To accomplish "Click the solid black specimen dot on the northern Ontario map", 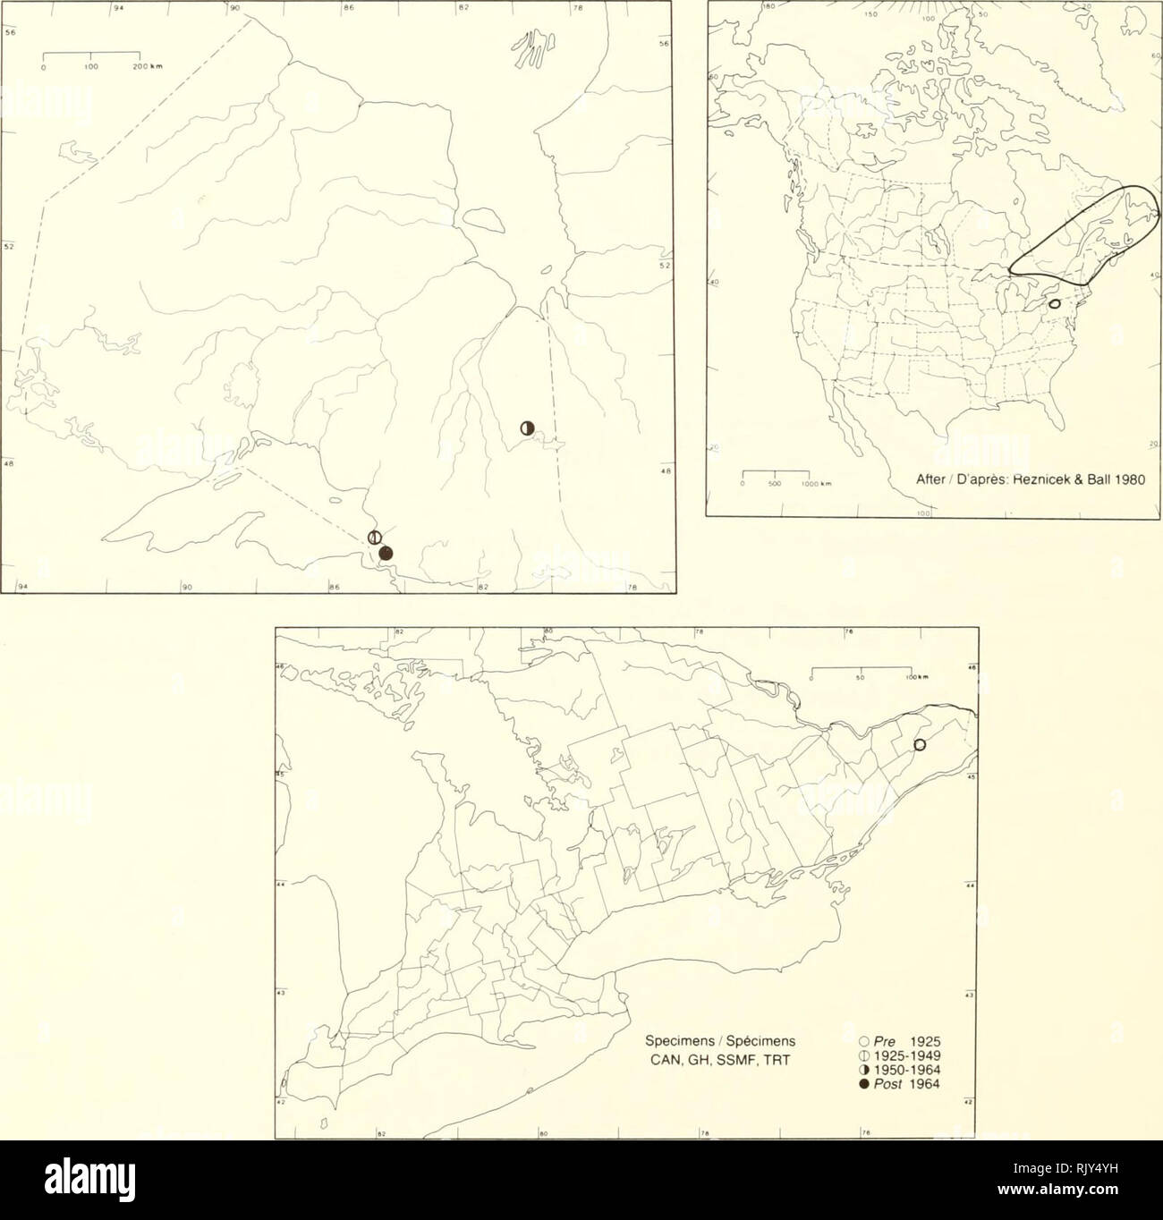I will [386, 554].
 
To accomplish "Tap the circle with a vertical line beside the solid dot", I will [376, 537].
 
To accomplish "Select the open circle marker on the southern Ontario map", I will [919, 746].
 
